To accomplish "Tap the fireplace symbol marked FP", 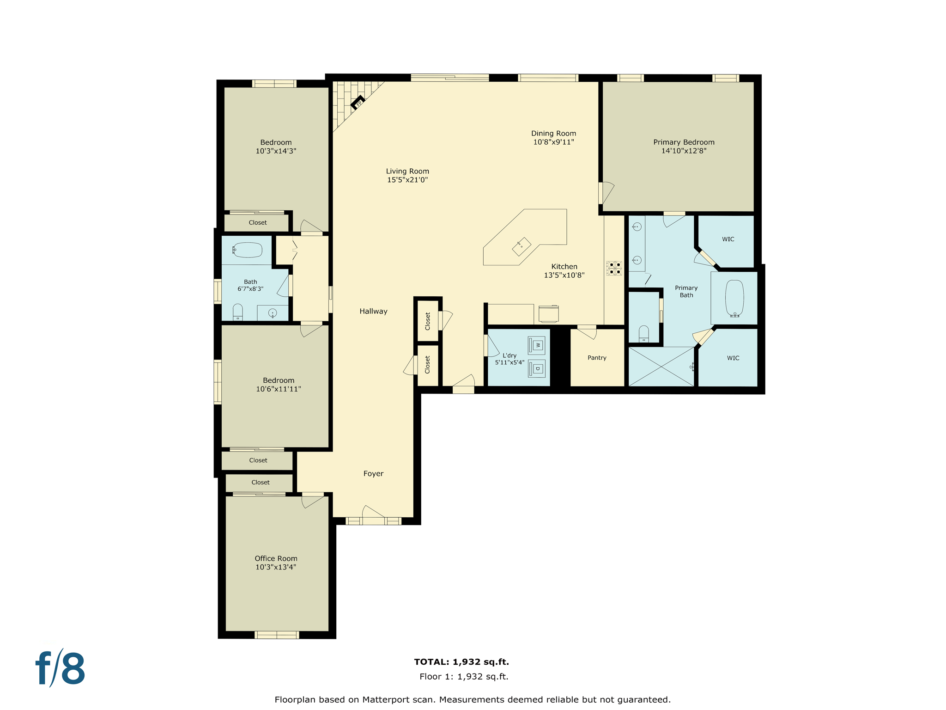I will (358, 103).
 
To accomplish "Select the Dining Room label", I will (553, 133).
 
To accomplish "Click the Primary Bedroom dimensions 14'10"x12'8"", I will (684, 151).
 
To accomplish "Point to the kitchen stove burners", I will (614, 268).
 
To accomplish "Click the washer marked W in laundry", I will (537, 345).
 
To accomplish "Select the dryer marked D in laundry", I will (537, 368).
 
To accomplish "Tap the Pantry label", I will (597, 358).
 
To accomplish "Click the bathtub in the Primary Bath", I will (734, 298).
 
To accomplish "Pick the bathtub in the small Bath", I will (248, 250).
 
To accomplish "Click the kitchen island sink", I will (522, 246).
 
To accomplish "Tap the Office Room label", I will (276, 558).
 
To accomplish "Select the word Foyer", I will (373, 473).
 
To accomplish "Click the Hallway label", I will (373, 311).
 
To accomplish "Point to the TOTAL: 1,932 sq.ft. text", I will (461, 661).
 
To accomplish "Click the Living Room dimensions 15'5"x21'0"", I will (407, 180).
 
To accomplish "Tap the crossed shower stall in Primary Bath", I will (661, 367).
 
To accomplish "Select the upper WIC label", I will (728, 239).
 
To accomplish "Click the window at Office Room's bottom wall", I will (277, 635).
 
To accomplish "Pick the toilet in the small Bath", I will (237, 312).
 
